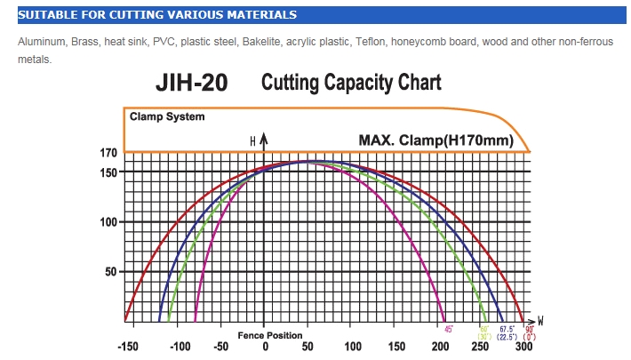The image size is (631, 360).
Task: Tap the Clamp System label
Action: [x=167, y=116]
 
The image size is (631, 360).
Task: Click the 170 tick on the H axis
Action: [x=108, y=153]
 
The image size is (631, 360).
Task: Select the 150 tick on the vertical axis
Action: [x=108, y=171]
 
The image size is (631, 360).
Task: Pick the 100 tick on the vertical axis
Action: [x=108, y=221]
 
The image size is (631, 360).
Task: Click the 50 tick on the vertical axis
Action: [x=111, y=271]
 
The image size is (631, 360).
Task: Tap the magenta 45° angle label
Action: [x=449, y=329]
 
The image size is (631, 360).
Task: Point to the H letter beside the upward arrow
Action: [x=252, y=141]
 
